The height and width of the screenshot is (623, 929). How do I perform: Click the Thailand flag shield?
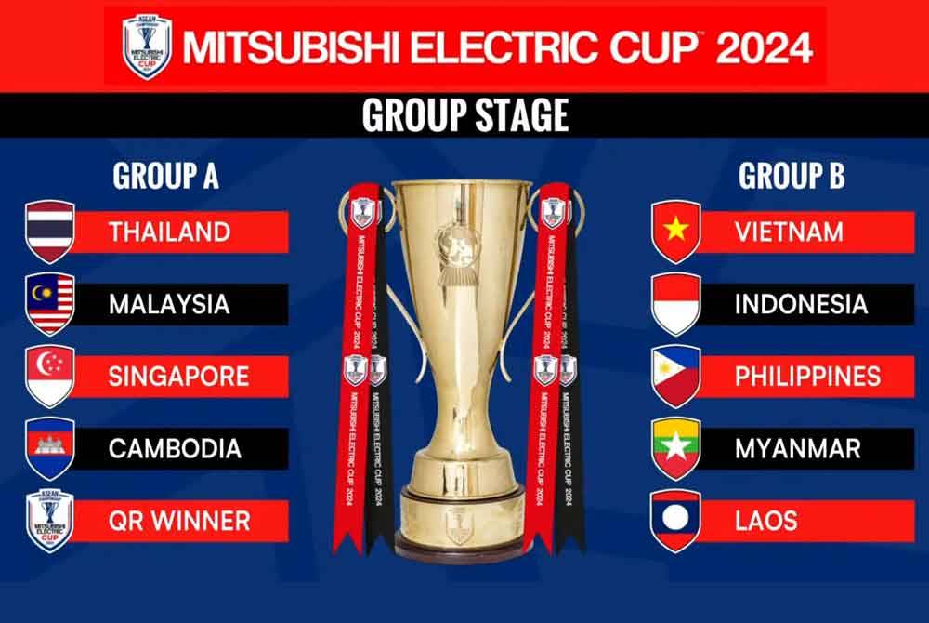pos(50,232)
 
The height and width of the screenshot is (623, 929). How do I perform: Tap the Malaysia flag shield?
pos(50,304)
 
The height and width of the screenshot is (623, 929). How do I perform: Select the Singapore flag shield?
pos(50,376)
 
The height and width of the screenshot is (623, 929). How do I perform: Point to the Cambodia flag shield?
pos(50,448)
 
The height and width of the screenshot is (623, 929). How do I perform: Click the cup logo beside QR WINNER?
pos(50,520)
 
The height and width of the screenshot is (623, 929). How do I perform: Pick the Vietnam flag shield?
pos(675,232)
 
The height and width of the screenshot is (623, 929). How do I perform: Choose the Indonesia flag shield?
pos(675,304)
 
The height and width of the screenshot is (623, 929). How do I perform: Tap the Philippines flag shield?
pos(675,376)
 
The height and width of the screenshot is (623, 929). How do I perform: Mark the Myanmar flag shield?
pos(675,448)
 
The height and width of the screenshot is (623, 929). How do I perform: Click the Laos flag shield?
pos(675,520)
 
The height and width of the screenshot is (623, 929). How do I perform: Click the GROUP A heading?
pos(165,176)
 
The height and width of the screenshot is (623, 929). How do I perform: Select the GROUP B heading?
pos(792,176)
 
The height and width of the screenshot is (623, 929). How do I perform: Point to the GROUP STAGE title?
pos(464,115)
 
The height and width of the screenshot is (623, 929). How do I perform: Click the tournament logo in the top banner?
pos(147,46)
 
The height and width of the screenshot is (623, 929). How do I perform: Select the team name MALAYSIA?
pos(169,304)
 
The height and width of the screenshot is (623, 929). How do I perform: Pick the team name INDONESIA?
pos(801,304)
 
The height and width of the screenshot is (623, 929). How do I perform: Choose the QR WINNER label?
pos(179,520)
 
